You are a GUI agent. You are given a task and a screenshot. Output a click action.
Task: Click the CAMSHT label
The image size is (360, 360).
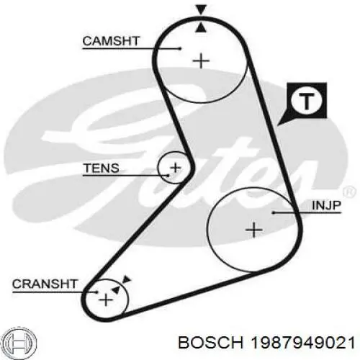pos(111,41)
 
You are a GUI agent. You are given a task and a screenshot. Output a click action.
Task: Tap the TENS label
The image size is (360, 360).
pos(101,168)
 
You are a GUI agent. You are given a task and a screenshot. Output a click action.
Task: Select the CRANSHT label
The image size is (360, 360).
pos(45,284)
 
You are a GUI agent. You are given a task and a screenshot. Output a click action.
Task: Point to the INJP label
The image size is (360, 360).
pos(326,205)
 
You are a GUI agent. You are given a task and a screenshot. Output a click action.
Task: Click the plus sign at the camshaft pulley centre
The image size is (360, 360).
pos(201,61)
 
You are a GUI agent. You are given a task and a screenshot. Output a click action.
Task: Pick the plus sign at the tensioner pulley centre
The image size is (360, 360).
pos(176,168)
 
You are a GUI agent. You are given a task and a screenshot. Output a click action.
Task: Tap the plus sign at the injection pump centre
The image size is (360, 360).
pos(254,230)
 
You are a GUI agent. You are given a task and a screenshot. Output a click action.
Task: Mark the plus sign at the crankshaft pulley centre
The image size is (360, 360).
pos(106,300)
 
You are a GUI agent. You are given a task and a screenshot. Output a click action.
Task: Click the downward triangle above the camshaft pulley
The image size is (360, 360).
pos(201,9)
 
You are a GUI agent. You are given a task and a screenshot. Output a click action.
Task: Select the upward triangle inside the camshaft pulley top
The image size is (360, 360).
pos(201,27)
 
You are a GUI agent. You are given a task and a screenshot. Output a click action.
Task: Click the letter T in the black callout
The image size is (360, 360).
pos(306,101)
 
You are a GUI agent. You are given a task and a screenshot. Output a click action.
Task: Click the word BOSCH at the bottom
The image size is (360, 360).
pos(211,343)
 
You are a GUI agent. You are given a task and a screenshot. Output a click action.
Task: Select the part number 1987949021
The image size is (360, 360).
pos(302,343)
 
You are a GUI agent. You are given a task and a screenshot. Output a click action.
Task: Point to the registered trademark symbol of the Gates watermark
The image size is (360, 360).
pos(348,192)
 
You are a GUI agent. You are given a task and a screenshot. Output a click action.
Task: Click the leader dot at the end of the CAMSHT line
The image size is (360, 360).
pos(180,48)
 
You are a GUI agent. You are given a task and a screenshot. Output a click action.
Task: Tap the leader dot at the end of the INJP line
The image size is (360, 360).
pos(274,212)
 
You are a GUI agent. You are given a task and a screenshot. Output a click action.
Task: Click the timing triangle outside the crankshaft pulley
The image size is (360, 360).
pos(127,279)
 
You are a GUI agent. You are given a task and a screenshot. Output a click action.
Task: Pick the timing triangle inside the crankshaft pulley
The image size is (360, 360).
pos(116,290)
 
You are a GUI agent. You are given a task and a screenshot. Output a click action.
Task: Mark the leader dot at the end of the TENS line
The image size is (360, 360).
pos(168,176)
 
